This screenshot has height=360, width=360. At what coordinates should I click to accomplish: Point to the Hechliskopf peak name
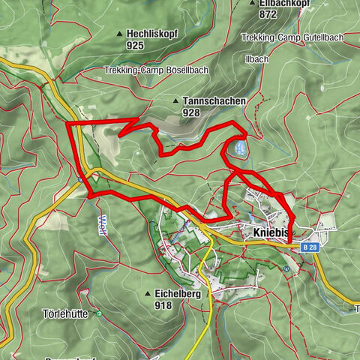click(x=151, y=34)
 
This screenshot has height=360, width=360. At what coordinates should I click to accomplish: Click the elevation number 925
click(x=135, y=46)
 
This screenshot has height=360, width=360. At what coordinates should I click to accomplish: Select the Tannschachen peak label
click(x=207, y=100)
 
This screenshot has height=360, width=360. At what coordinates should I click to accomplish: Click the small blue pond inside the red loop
click(x=239, y=149)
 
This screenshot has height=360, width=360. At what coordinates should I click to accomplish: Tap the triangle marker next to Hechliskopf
click(x=119, y=34)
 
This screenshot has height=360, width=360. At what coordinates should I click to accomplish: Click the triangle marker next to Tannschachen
click(x=175, y=100)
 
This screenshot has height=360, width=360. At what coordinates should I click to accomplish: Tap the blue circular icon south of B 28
click(x=286, y=267)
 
